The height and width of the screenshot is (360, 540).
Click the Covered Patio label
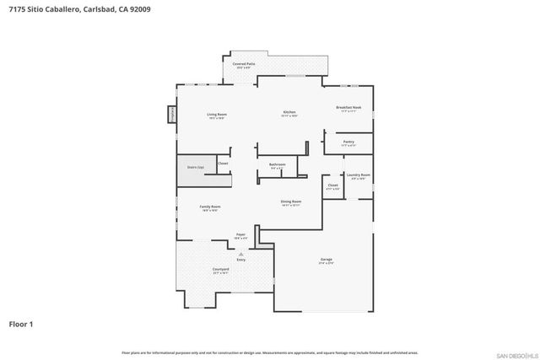point(244,64)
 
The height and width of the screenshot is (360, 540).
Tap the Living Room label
point(217,115)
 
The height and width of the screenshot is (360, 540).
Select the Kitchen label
point(289,112)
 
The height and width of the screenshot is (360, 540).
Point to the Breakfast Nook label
point(348,108)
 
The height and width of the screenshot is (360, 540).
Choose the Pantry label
point(348,143)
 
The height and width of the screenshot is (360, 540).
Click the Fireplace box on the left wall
point(173,113)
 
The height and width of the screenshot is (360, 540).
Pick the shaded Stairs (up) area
point(194,167)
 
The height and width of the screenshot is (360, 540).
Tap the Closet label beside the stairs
point(223,163)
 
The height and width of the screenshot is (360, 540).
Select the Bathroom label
point(277,164)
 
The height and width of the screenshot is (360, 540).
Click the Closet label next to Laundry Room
point(332,185)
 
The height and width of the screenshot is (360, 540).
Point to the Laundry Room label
point(359,176)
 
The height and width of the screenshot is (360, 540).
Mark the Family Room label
point(209,207)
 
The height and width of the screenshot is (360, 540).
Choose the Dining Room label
point(291,201)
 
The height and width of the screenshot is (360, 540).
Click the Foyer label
point(240,235)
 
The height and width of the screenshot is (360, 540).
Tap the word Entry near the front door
point(241,260)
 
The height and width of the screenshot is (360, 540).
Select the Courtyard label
point(221,270)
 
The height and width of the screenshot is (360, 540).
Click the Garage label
point(326,260)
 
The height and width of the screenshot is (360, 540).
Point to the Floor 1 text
point(20,324)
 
